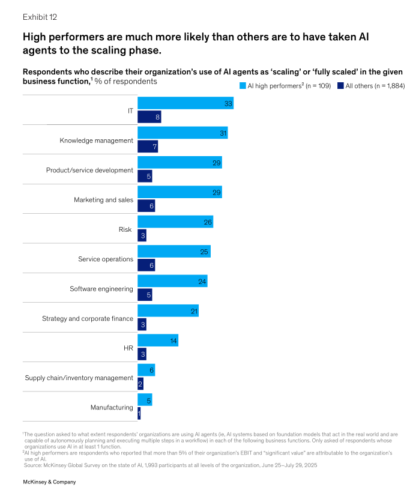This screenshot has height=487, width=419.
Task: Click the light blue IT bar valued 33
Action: (x=185, y=103)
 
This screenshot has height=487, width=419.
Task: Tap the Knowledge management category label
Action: (x=96, y=141)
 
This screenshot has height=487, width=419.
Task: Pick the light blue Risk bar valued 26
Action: (x=175, y=222)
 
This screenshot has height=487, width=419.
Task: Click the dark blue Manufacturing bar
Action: (x=139, y=414)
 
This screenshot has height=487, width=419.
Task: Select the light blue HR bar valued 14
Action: (x=157, y=340)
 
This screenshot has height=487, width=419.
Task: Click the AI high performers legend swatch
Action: (x=243, y=86)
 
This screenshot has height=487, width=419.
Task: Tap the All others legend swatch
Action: (x=340, y=86)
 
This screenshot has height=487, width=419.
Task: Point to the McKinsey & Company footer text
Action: (x=49, y=482)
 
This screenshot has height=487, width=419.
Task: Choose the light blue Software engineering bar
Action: (x=172, y=281)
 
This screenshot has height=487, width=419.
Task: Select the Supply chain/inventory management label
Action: (x=79, y=378)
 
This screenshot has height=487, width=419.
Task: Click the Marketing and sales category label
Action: (x=103, y=200)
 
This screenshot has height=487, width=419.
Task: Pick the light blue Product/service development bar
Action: (x=179, y=163)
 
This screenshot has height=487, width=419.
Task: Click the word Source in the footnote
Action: (x=33, y=465)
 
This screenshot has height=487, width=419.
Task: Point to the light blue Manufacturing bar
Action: (x=144, y=399)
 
